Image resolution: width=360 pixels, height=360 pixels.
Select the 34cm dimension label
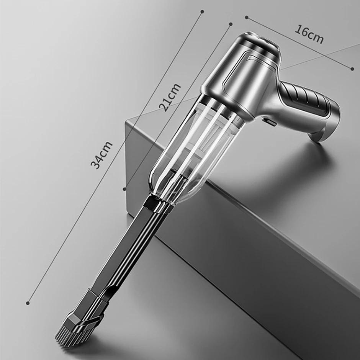pos(101,155)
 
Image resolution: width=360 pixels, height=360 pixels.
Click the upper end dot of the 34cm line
pos(202,11)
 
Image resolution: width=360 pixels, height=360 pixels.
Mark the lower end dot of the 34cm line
pos(28,303)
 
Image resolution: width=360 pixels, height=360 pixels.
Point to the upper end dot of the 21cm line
pos(231,24)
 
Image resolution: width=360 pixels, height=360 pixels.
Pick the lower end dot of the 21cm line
pos(124,189)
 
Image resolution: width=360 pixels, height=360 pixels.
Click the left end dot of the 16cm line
pos(246,17)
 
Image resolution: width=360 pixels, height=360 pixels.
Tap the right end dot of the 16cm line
pos(352,69)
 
